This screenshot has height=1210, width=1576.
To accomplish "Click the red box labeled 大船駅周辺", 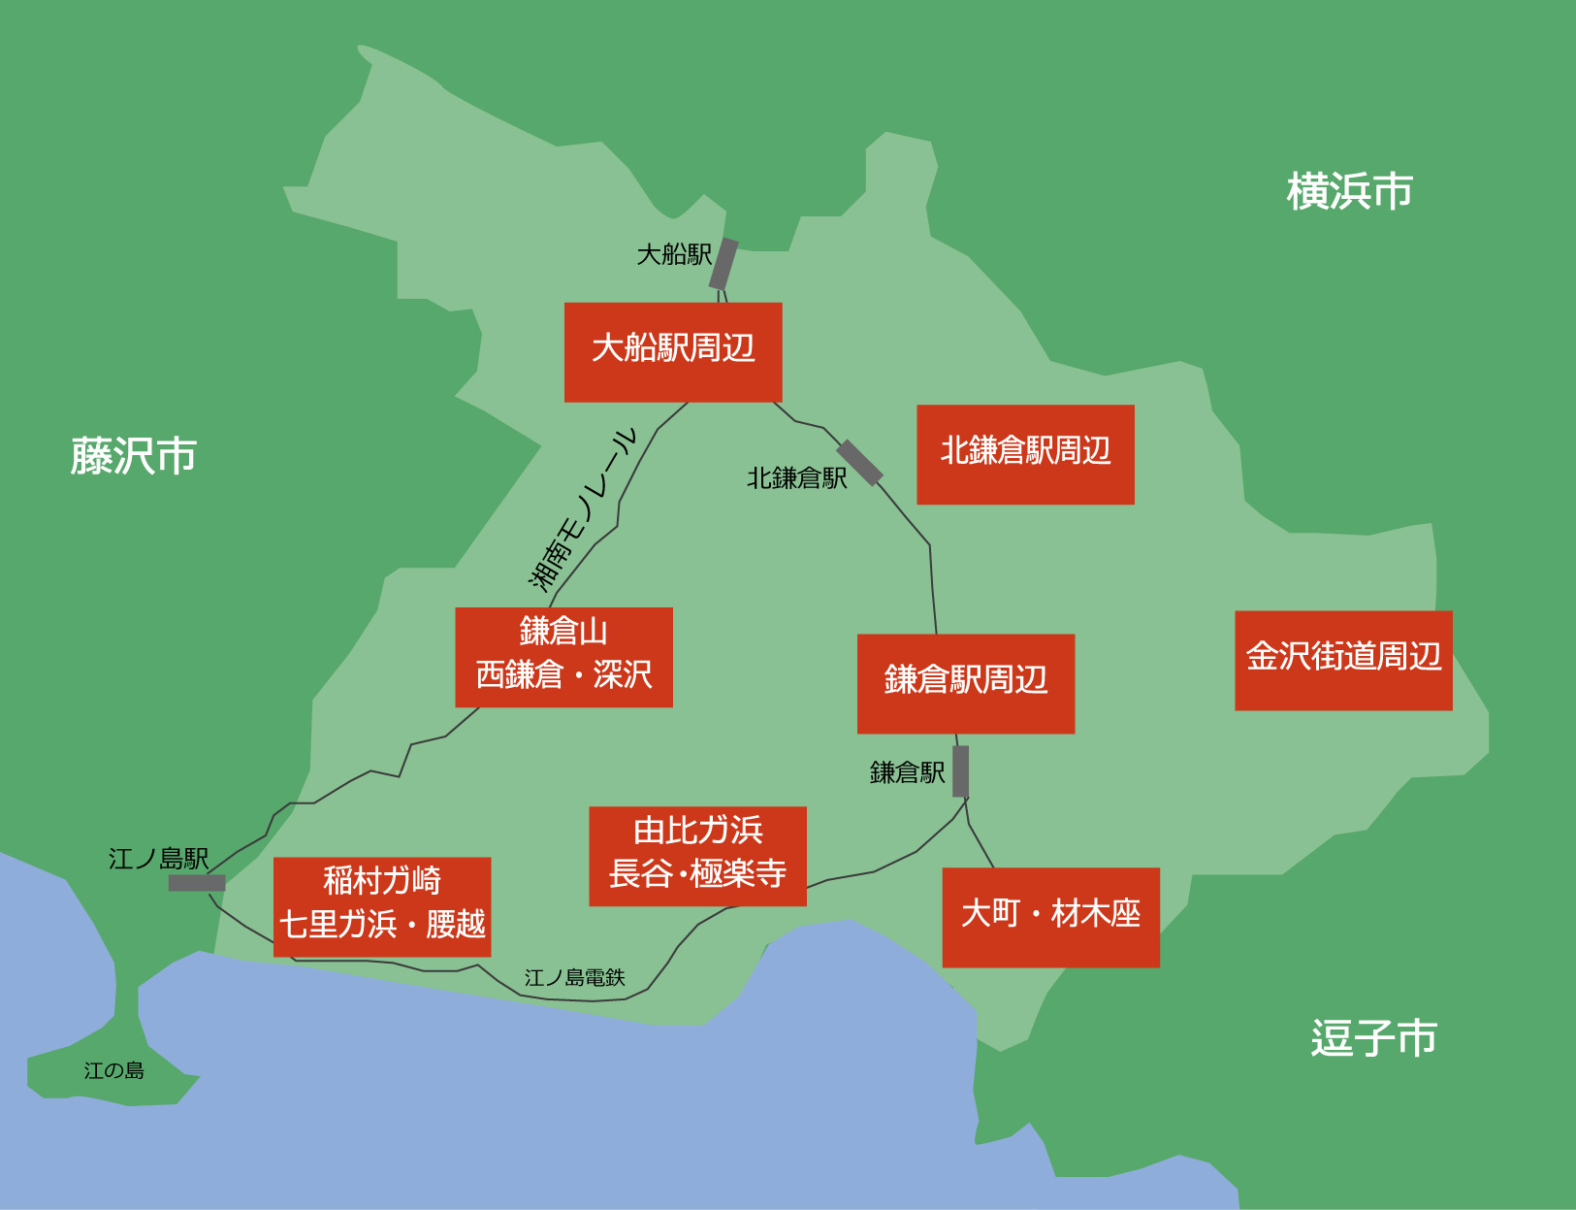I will coord(673,351).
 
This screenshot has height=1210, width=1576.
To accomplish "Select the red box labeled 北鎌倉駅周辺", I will coord(1025,454).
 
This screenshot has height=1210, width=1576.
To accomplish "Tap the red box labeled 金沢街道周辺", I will coord(1343,660).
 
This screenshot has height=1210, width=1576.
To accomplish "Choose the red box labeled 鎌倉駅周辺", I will coord(966,683).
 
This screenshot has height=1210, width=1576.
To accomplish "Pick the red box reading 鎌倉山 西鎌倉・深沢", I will coord(563,657).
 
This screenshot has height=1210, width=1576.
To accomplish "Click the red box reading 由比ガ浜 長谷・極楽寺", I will coord(697,856).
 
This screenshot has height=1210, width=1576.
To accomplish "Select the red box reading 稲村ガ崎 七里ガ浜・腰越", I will coord(382,906).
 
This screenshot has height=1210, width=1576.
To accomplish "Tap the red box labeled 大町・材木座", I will coord(1050,917).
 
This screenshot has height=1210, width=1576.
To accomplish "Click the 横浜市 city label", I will coord(1349,191).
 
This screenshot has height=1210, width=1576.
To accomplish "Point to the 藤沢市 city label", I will coord(134,456).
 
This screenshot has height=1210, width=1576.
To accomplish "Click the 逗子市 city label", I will coord(1373,1037).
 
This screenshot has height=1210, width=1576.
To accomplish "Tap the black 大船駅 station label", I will coord(674,255).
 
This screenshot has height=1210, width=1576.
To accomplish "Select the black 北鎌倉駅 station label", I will coord(796,478).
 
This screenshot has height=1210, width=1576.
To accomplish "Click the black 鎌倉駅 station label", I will coord(907,773).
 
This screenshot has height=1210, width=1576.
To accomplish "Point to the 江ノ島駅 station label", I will coord(158,859).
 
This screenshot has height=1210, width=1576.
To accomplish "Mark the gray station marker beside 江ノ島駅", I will coord(197,883).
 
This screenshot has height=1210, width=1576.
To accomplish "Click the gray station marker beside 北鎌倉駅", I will coord(860,462).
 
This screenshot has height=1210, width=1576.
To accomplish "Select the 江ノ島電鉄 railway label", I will coord(574,978).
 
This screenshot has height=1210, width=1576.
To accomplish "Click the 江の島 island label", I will coord(113,1071).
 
